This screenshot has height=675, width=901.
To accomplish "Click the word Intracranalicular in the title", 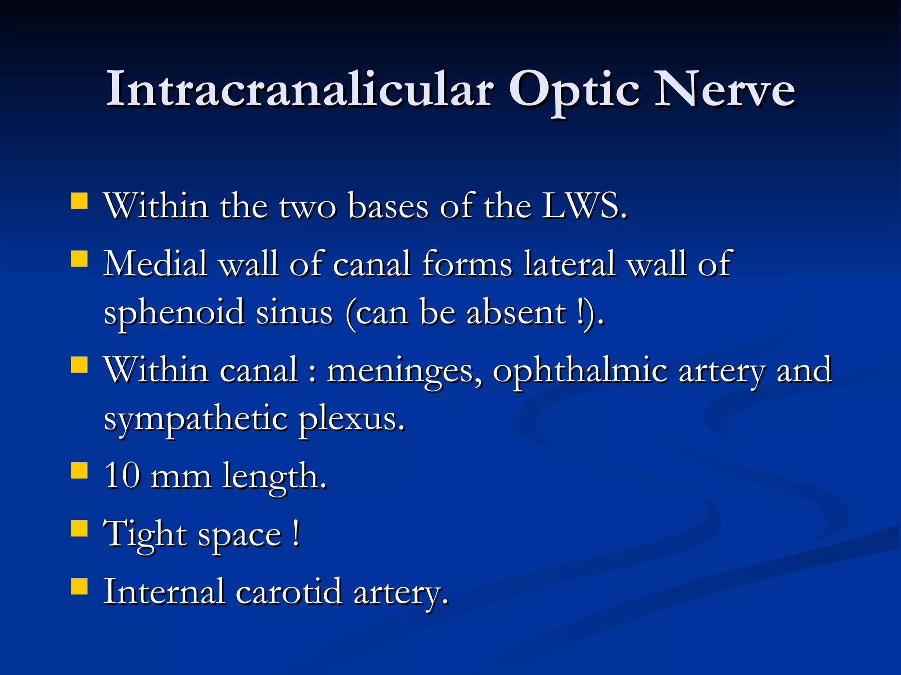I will coord(299,90).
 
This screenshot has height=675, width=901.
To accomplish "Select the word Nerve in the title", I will coord(725,90).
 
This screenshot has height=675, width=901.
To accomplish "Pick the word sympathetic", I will coord(196,420).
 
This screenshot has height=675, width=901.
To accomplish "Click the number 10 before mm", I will coord(122,475).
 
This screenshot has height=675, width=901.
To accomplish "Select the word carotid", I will coord(289,592).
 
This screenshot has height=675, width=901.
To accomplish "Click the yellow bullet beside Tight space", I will coord(80,529).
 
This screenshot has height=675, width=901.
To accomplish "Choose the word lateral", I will coord(570,264).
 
